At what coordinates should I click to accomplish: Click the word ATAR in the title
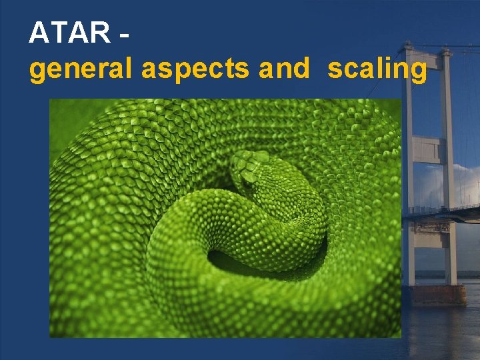[70, 32]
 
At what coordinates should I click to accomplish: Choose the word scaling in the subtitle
[377, 69]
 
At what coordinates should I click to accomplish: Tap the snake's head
[250, 170]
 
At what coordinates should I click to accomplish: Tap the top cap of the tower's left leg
[407, 47]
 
